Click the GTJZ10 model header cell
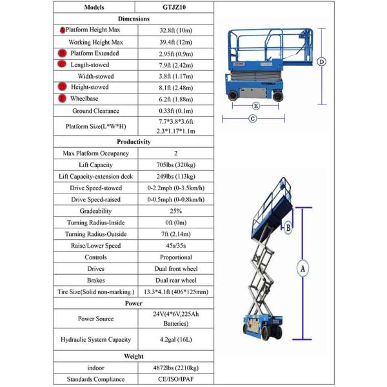coord(175,7)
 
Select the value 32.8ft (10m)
coord(175,30)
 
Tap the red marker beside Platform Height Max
coord(63,30)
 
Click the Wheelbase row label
coord(85,99)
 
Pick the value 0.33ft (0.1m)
coord(175,110)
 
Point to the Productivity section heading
coord(134,141)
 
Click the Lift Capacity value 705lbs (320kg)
coord(175,164)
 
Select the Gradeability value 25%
coord(175,211)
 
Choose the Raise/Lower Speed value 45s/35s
coord(175,246)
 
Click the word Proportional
coord(175,257)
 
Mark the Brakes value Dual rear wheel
coord(175,281)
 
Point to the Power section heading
coord(134,303)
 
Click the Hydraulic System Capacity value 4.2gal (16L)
coord(175,339)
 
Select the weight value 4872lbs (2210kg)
coord(175,367)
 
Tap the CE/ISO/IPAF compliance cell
coord(175,379)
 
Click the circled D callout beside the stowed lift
coord(322,62)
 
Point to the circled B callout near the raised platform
coord(288,226)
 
